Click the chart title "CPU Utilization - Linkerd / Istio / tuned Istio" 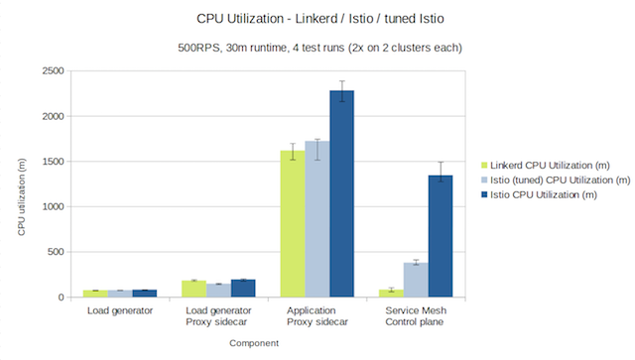coord(317,17)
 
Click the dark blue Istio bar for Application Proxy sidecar coord(341,194)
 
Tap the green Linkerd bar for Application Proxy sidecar coord(293,224)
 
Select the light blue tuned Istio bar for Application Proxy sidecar coord(317,219)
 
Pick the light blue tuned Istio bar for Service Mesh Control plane coord(416,280)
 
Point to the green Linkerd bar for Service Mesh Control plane coord(391,294)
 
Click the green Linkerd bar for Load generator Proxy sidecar coord(193,289)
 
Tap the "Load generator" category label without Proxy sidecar coord(119,311)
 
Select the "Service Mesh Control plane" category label coord(416,317)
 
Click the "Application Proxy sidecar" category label coord(317,317)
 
